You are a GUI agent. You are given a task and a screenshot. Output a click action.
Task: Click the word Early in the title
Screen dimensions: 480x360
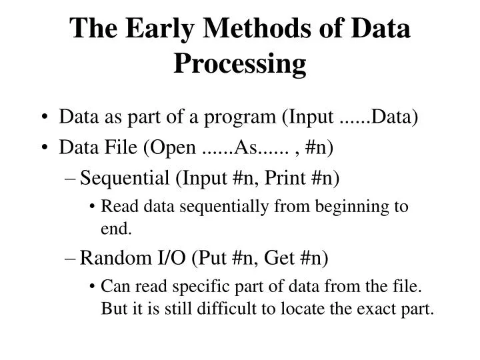point(159,29)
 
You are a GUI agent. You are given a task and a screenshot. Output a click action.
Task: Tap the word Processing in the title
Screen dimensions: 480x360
point(240,64)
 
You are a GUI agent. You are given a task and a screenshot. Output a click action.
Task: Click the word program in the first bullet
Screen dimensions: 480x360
point(240,118)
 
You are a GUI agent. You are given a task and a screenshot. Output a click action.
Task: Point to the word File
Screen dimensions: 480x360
point(121,147)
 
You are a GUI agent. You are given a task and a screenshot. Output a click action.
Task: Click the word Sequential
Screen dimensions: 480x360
point(125,179)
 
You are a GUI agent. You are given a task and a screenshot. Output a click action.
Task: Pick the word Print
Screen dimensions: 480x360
point(285,178)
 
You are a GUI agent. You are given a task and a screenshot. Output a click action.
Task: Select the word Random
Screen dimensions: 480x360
point(116,258)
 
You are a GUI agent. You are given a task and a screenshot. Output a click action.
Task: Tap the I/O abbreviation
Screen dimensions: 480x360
point(171,258)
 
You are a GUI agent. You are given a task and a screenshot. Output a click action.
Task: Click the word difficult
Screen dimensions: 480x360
point(227,308)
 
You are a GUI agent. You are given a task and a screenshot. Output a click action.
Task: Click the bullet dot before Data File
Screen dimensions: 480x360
point(45,147)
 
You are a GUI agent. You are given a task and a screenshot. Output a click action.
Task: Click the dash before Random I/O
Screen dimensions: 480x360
point(70,259)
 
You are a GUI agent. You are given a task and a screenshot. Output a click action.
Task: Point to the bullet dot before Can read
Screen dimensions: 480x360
point(92,287)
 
